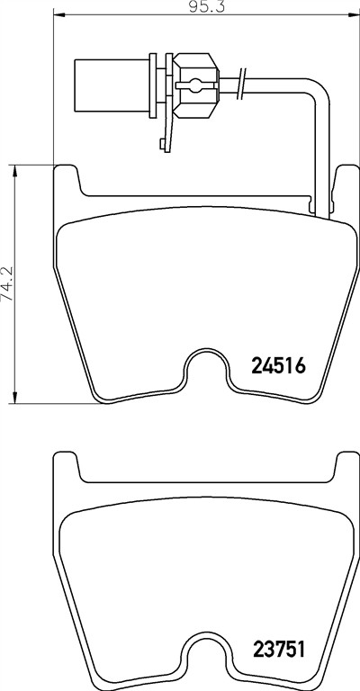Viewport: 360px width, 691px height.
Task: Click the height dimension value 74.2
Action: click(x=7, y=283)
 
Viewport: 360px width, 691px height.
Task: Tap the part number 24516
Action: click(x=278, y=366)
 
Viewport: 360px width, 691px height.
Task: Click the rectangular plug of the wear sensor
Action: click(x=112, y=85)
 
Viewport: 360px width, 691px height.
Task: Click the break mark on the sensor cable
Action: click(x=241, y=84)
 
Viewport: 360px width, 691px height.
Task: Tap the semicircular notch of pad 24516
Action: click(x=207, y=366)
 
